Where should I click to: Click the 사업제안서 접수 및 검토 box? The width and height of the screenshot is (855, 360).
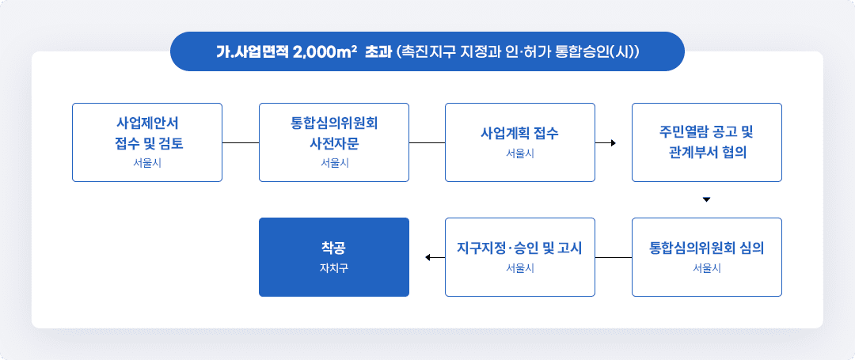tap(146, 142)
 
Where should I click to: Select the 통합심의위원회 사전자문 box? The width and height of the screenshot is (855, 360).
tap(334, 142)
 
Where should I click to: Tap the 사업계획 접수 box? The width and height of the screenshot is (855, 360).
tap(520, 142)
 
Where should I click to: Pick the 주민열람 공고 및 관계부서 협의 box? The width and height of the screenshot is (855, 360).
tap(706, 142)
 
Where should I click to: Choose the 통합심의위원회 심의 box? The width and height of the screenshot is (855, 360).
tap(706, 256)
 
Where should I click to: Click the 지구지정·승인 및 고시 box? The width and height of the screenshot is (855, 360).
tap(520, 256)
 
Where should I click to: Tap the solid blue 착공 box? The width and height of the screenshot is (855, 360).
tap(334, 256)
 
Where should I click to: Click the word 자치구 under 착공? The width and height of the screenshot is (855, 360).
tap(334, 268)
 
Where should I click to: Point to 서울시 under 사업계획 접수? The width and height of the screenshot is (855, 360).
tap(520, 153)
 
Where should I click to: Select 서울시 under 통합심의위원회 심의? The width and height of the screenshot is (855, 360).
tap(706, 268)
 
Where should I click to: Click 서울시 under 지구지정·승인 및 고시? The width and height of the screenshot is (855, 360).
tap(520, 268)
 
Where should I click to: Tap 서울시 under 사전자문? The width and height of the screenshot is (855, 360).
tap(334, 164)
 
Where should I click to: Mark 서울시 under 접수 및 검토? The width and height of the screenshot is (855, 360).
tap(146, 164)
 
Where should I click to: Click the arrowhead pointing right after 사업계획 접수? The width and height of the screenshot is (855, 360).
tap(612, 142)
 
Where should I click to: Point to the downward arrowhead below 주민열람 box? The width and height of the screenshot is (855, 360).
tap(706, 199)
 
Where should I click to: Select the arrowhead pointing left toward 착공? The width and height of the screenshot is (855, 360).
tap(428, 257)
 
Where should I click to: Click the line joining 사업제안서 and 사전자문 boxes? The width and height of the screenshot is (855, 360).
tap(241, 142)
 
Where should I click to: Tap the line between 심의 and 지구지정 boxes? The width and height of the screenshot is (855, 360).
tap(614, 257)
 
